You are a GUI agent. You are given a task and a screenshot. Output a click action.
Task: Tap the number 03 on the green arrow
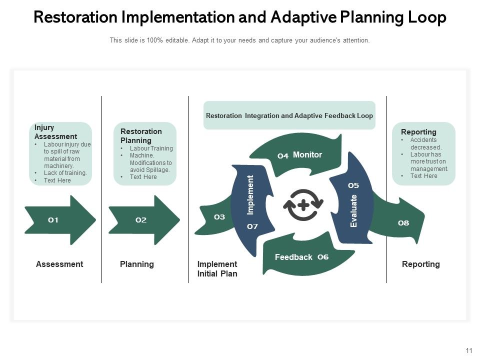[x=219, y=217]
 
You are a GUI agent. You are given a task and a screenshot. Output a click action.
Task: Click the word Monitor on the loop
[x=307, y=155]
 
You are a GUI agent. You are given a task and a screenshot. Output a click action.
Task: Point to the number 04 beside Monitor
[x=283, y=156]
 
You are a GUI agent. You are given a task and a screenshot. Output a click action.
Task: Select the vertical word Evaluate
[x=354, y=211]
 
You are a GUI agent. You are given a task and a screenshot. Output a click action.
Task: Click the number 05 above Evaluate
[x=353, y=185]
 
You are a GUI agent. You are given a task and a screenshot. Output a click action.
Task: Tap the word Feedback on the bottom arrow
[x=293, y=257]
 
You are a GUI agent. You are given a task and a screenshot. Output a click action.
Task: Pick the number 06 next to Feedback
[x=323, y=257]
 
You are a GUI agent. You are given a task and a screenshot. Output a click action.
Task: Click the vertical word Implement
[x=250, y=195]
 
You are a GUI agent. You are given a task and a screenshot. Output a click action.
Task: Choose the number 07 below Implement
[x=252, y=226]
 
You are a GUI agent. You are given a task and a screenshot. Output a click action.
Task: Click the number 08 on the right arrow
[x=403, y=223]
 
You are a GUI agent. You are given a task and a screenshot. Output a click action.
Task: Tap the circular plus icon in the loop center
[x=303, y=205]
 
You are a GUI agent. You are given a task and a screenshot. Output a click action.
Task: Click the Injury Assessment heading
[x=55, y=132]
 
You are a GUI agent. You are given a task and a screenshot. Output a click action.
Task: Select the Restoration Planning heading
[x=141, y=136]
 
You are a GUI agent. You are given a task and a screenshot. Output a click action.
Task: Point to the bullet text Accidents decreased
[x=426, y=144]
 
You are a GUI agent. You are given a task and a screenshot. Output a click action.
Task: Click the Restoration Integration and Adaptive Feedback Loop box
[x=289, y=115]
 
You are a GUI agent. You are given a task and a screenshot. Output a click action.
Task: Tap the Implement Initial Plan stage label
[x=217, y=269]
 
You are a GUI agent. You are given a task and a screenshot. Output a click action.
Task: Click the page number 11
[x=468, y=350]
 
